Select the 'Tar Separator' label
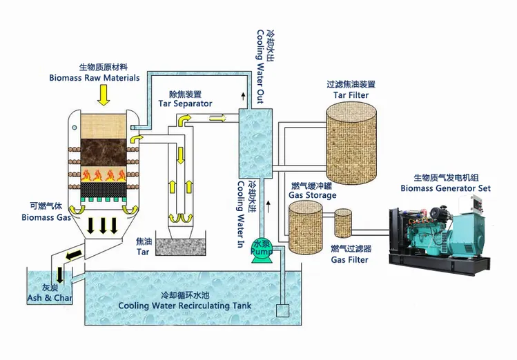click(185, 103)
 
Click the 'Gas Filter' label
click(349, 259)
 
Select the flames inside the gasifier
click(104, 172)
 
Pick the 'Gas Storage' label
click(311, 195)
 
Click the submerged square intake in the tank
click(282, 312)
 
